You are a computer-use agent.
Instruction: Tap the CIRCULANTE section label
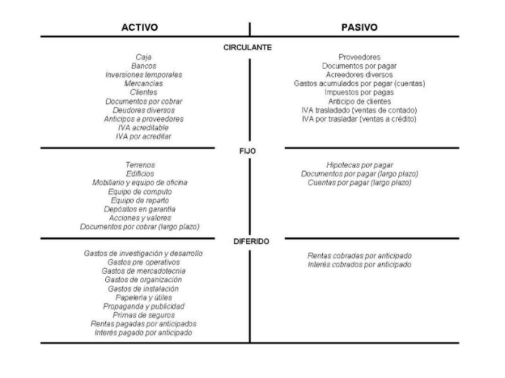[x=248, y=48]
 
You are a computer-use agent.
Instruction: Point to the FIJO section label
[x=248, y=151]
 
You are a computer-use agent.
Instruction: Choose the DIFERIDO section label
[x=250, y=242]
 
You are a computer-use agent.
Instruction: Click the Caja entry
[x=144, y=57]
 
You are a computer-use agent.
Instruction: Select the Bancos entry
[x=144, y=66]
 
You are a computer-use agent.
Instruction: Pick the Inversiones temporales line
[x=144, y=75]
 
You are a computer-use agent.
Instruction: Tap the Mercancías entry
[x=144, y=84]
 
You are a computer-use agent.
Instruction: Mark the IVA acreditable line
[x=144, y=128]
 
